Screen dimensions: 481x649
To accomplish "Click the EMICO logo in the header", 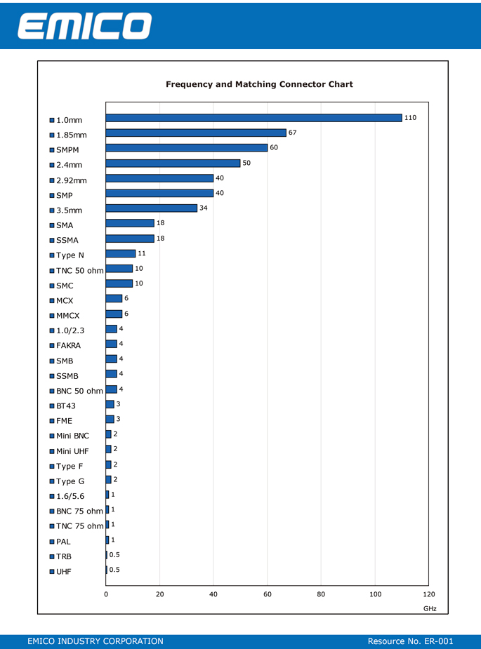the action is [x=84, y=26].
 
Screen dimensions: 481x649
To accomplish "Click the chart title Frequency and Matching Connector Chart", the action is [x=259, y=84].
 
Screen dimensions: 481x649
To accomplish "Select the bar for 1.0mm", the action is [x=253, y=118].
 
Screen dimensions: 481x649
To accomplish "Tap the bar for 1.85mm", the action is [x=196, y=133].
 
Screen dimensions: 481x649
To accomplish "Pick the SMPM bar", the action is [x=187, y=148].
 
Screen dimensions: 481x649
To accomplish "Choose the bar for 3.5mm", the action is [x=151, y=208].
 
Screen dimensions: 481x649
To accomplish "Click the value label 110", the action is [x=410, y=118].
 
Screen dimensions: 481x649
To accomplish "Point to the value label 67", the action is [x=293, y=133].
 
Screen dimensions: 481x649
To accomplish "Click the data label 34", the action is [x=204, y=208].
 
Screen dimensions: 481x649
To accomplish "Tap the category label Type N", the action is [x=70, y=255].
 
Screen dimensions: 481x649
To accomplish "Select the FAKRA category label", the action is [x=68, y=346].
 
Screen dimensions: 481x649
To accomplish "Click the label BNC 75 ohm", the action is [x=79, y=511].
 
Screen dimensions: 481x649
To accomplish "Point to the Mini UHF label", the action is [x=72, y=451].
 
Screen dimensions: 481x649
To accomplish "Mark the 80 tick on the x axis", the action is [x=321, y=594].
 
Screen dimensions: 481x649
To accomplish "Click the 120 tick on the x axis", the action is [x=429, y=594].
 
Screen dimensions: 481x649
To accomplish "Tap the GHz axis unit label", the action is [x=430, y=609].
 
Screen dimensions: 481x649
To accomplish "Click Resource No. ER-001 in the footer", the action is [x=411, y=641].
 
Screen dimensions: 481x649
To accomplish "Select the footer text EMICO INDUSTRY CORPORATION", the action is [x=95, y=641].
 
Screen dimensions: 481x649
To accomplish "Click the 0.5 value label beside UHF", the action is [x=114, y=570].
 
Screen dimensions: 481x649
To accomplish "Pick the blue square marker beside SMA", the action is [x=52, y=226].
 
